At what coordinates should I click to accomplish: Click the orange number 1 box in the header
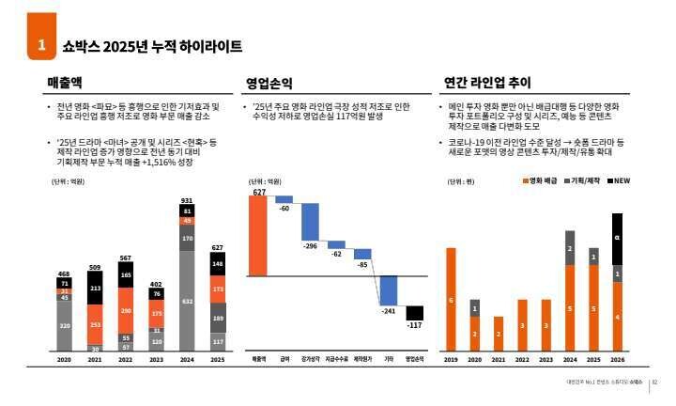[40, 45]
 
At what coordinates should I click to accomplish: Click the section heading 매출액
[66, 83]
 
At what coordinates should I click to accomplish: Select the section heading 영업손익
[269, 83]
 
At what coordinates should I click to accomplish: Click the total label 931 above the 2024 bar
[187, 200]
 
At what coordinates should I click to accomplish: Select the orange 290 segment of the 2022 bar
[126, 310]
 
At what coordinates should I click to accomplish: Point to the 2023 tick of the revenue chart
[157, 359]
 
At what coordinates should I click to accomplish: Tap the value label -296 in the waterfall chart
[310, 246]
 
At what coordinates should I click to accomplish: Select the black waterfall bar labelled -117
[414, 314]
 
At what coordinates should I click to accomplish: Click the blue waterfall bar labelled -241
[388, 289]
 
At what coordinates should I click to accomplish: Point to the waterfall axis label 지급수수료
[336, 359]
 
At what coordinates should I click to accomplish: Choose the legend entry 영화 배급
[542, 180]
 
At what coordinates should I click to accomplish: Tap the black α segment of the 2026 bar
[617, 239]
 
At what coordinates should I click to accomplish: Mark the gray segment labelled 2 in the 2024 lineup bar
[569, 248]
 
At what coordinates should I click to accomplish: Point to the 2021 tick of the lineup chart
[499, 359]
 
